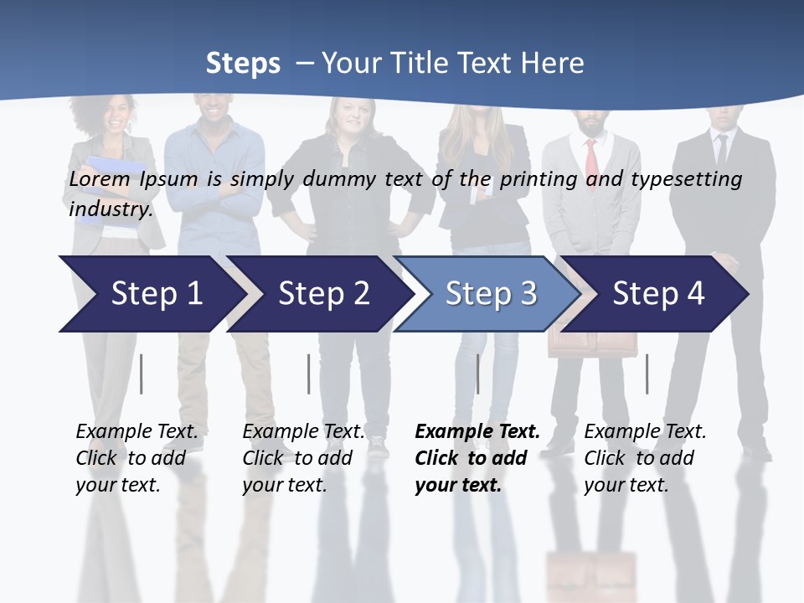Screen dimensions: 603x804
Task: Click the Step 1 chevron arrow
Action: click(156, 294)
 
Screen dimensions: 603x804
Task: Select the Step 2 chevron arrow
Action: click(323, 294)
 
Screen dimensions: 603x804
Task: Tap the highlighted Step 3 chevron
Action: click(491, 294)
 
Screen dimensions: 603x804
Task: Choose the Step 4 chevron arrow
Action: click(658, 294)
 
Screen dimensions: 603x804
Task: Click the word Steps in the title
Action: click(243, 63)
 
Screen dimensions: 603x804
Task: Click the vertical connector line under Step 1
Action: click(142, 374)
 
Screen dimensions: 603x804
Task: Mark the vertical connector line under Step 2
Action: click(309, 374)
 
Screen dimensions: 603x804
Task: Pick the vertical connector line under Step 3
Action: click(478, 374)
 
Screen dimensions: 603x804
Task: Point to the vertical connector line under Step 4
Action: click(647, 374)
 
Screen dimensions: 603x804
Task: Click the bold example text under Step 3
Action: click(477, 458)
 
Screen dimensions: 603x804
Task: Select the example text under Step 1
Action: click(137, 458)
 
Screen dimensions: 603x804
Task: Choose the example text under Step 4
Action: click(645, 458)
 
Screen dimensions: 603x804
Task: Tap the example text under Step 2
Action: click(303, 458)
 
